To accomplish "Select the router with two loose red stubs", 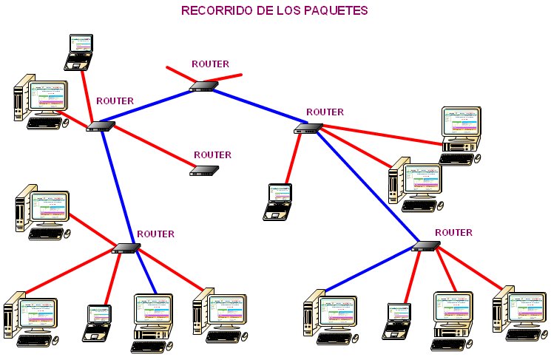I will coord(203,86).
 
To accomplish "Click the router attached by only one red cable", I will coord(203,170).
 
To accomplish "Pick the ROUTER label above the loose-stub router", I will coord(210,64).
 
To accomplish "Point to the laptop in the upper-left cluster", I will coord(78,51).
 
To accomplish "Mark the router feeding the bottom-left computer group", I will coord(126,248).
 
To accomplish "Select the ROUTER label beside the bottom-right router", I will coord(453,232).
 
